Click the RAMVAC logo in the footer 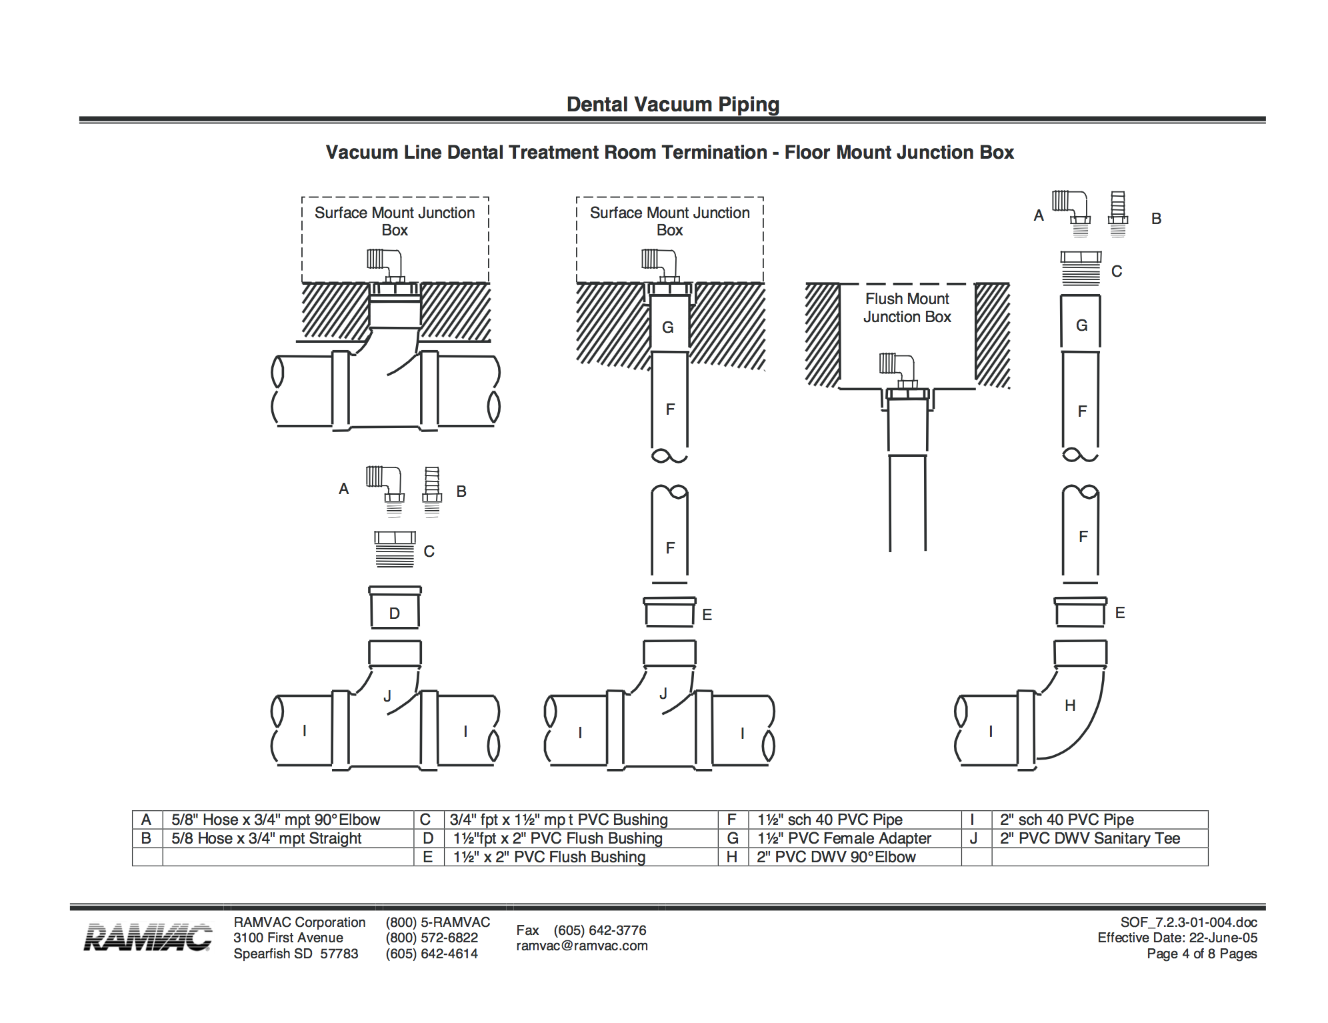[x=147, y=937]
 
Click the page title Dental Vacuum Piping [x=672, y=104]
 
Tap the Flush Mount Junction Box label [x=907, y=307]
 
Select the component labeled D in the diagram [x=395, y=609]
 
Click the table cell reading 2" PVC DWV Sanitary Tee [x=1089, y=838]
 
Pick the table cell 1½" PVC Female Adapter [x=843, y=838]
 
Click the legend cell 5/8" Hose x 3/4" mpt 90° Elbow [x=275, y=820]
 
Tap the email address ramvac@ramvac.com [x=581, y=946]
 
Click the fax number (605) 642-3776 [x=599, y=930]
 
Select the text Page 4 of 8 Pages [x=1201, y=954]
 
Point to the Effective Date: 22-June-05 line [x=1177, y=938]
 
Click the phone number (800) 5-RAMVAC [x=437, y=922]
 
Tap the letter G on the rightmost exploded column [x=1081, y=325]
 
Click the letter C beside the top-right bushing [x=1117, y=271]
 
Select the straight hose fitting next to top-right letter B [x=1118, y=214]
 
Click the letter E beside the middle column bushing [x=707, y=615]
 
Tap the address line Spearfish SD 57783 [x=295, y=954]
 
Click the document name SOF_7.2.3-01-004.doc [x=1188, y=922]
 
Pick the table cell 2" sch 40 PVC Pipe [x=1066, y=820]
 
